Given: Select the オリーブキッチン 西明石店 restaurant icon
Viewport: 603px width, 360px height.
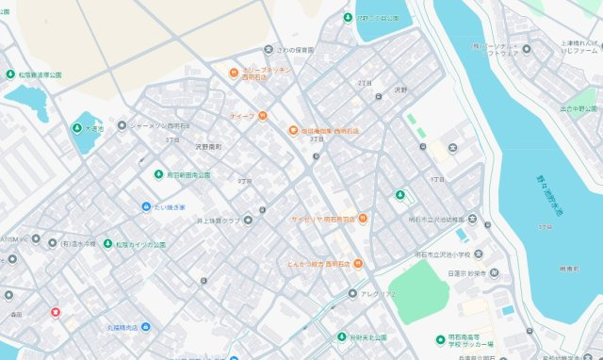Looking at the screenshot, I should [233, 73].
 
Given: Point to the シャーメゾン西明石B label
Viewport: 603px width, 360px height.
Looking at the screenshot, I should [160, 125].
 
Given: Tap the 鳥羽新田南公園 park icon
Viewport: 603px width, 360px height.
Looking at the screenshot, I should [157, 174].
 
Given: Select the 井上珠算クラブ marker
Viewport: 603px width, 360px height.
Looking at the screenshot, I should [248, 221].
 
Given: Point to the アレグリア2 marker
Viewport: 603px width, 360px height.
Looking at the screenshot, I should [352, 293].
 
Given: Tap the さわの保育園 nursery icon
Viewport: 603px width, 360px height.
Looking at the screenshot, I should [268, 49].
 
